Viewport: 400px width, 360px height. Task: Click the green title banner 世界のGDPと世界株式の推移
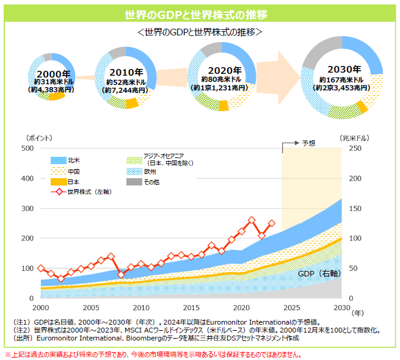click(200, 13)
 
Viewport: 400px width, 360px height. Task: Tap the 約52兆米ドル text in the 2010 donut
click(125, 82)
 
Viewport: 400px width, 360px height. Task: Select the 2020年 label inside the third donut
click(220, 70)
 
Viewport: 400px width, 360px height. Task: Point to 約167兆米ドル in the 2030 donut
click(340, 80)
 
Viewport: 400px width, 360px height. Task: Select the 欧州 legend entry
click(150, 172)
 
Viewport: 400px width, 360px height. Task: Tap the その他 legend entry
click(150, 182)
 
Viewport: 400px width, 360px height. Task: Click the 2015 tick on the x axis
click(192, 308)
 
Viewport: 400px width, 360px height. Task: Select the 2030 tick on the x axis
click(341, 308)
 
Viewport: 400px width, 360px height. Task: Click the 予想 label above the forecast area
click(309, 143)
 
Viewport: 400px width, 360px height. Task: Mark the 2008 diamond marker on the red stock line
click(121, 275)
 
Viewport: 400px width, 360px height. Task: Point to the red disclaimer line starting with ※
click(153, 354)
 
